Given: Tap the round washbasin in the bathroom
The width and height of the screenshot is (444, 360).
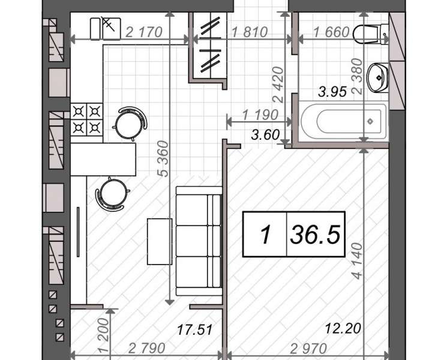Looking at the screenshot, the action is pos(378,77).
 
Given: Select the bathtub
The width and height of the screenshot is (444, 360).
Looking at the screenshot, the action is pos(344,122).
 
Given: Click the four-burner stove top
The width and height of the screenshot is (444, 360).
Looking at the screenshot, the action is pos(86,119).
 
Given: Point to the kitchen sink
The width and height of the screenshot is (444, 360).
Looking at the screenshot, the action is pos(106,29).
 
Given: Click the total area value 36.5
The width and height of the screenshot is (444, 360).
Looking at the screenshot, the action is pos(315,234).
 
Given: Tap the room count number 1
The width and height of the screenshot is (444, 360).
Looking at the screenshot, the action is pos(265,235).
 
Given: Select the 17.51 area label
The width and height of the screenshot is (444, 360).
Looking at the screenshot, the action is pos(195,329).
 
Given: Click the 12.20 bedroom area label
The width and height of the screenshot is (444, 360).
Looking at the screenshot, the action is pos(343,329).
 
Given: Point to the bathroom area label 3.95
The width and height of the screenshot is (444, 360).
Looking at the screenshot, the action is pos(332,92).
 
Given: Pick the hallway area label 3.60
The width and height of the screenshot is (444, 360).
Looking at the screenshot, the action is pos(265,134).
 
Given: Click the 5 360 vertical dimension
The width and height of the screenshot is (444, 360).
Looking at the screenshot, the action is pos(164,158).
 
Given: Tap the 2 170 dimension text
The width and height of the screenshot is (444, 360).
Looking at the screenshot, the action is pos(143,32).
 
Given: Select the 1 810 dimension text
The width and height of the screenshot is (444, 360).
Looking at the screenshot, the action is pos(250,32).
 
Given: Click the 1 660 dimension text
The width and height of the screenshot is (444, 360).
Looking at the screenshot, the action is pos(331,32).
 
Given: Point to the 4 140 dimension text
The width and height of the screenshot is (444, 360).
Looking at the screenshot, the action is pos(358,261).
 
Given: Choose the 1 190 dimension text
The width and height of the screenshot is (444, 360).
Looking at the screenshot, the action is pos(260,115).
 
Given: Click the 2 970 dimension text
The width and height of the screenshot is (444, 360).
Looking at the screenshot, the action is pos(308,349).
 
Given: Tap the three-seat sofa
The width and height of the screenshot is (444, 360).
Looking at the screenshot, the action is pos(199,241).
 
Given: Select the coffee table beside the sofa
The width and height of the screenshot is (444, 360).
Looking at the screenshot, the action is pos(160,241).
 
